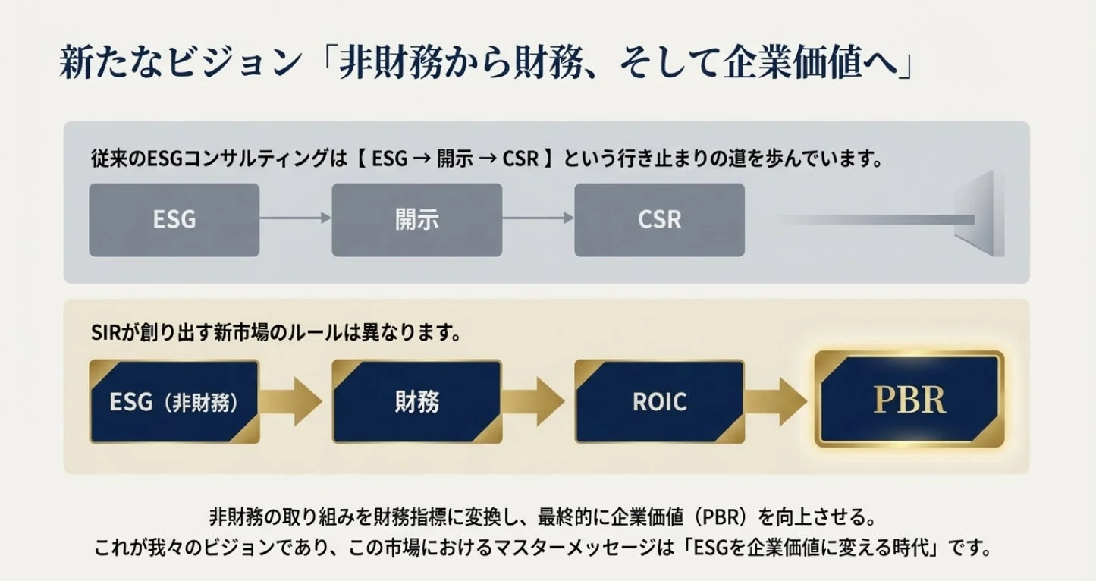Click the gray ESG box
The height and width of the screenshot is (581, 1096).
(x=174, y=220)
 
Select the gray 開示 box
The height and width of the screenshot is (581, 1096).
(x=416, y=220)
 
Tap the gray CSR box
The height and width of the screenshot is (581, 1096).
(x=659, y=220)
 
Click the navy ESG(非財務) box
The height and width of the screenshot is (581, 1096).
(x=174, y=401)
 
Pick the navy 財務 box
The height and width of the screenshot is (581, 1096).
(x=416, y=401)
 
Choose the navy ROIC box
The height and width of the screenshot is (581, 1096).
(x=659, y=401)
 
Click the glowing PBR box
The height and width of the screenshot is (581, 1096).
(x=909, y=400)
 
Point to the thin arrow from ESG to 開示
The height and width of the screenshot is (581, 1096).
(x=295, y=218)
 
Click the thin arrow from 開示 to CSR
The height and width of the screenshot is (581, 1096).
(x=538, y=218)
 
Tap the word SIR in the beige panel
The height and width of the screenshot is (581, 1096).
(x=102, y=334)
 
